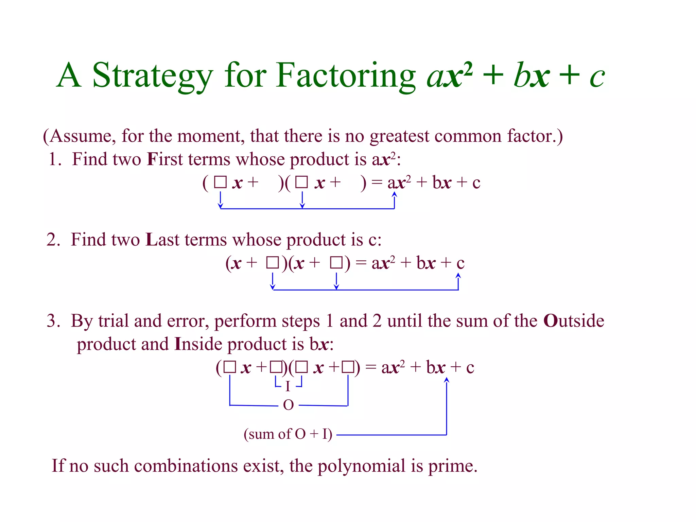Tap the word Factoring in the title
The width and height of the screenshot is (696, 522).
point(345,75)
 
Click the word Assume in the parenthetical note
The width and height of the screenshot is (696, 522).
point(80,136)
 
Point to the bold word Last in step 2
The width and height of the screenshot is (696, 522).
point(162,240)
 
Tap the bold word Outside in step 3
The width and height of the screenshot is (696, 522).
point(574,321)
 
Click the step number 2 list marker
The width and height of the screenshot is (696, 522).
point(53,240)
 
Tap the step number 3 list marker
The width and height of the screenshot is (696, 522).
point(53,321)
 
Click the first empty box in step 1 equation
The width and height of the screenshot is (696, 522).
point(220,182)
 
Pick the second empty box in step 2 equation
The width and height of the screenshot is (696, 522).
point(336,263)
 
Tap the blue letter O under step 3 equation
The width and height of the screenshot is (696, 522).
point(288,405)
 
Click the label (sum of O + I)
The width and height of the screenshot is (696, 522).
point(288,434)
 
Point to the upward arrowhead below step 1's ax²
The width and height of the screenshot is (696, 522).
point(394,194)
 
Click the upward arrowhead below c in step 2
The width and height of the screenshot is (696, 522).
point(458,276)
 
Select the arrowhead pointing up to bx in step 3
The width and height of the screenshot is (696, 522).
point(447,380)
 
